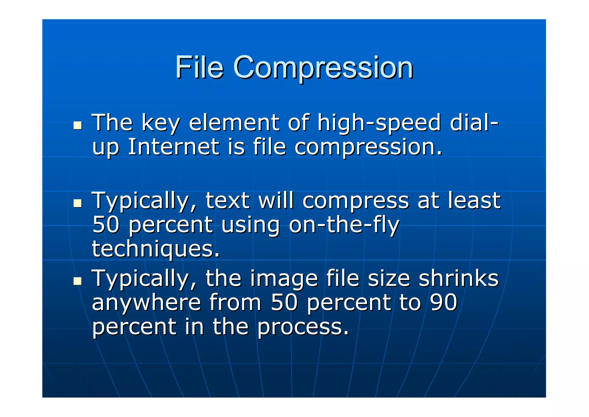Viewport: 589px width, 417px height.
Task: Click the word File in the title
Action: (x=199, y=67)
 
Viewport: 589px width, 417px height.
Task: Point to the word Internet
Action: (x=173, y=147)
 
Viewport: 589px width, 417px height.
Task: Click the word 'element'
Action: (x=234, y=123)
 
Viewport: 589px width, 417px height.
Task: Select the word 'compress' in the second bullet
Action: (x=355, y=201)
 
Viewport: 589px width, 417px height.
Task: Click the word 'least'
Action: (x=475, y=200)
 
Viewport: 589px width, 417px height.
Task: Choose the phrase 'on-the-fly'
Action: (x=344, y=225)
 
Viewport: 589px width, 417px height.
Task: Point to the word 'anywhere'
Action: (x=146, y=303)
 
